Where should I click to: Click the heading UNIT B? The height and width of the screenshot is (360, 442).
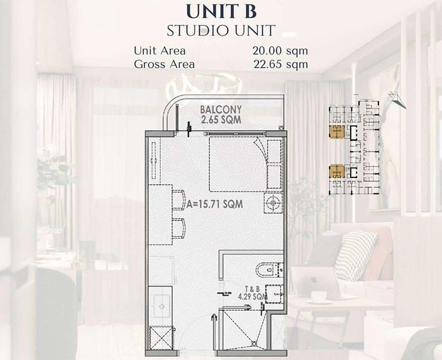click(x=220, y=11)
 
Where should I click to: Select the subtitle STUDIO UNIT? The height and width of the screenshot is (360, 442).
click(x=220, y=30)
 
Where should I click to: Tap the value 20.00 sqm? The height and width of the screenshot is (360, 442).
click(x=280, y=50)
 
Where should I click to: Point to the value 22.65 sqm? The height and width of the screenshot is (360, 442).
click(x=280, y=64)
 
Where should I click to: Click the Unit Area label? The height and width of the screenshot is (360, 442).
click(x=160, y=50)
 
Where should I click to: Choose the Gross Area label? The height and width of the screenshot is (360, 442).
click(x=164, y=64)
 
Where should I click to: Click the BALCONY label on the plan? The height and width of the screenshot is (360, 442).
click(x=220, y=109)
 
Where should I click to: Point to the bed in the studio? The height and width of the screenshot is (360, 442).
click(x=238, y=164)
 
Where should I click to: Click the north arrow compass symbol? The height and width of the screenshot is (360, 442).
click(x=396, y=101)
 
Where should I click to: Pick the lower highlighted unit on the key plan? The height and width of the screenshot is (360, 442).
click(x=336, y=171)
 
